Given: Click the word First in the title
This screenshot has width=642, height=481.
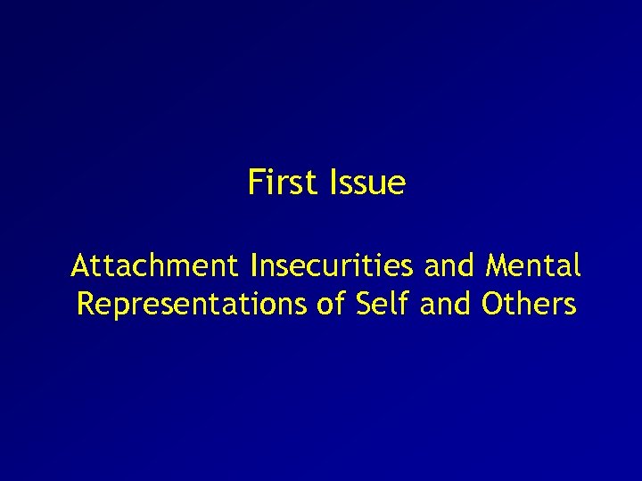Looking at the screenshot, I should tap(283, 183).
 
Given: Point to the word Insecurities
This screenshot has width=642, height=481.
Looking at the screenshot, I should tap(333, 265).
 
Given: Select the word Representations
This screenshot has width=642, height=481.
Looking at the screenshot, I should tap(193, 305).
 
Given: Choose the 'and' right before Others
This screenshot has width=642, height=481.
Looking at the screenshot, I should tap(449, 305).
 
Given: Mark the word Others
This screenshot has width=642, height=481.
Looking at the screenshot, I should tap(529, 305).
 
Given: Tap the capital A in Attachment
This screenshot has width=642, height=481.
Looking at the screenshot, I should tap(80, 265).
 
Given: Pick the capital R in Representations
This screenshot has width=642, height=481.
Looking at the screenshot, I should tap(86, 305).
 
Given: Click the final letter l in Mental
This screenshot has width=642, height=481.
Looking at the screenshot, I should tap(578, 265).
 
